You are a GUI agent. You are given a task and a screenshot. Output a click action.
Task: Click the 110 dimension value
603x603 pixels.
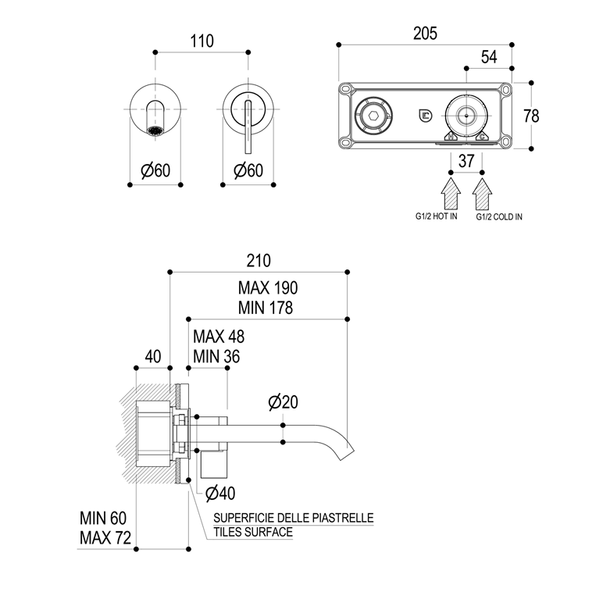(x=202, y=41)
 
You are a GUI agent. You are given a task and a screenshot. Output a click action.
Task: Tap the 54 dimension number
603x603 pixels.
(x=489, y=57)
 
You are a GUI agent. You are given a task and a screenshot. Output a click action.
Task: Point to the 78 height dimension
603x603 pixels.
(x=531, y=116)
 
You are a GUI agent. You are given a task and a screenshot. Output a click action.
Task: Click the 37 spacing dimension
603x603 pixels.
(x=466, y=161)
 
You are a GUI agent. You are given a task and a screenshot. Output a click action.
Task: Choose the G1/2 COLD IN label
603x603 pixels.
(x=500, y=217)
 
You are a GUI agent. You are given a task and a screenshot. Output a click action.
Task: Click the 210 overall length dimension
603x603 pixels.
(x=258, y=260)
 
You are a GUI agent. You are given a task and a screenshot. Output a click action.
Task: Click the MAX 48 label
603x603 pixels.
(x=219, y=337)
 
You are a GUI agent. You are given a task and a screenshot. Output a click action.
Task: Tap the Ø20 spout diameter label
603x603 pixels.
(x=283, y=402)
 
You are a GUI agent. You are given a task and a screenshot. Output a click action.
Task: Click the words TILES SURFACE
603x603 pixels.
(x=254, y=532)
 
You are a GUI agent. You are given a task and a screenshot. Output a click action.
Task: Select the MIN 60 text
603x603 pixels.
(x=102, y=518)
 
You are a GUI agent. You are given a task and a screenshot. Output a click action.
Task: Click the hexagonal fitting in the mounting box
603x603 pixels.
(x=368, y=115)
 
